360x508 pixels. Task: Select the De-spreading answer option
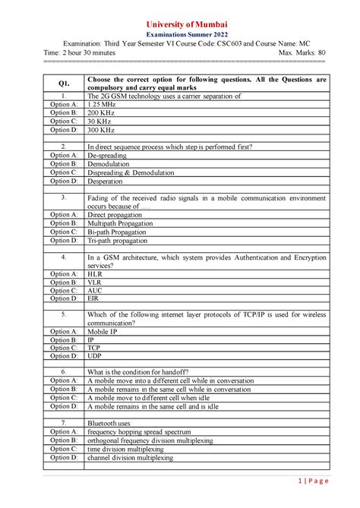point(107,155)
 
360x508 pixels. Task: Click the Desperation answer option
point(105,181)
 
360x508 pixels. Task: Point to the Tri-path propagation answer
point(118,241)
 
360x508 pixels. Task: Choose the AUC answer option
point(95,290)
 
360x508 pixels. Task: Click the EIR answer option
point(93,299)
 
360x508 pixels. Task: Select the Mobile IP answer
point(103,332)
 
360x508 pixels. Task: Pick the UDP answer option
point(95,356)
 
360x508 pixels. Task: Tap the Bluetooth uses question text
point(109,423)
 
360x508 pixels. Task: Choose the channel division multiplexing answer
point(130,458)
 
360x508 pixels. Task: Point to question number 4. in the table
point(64,257)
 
